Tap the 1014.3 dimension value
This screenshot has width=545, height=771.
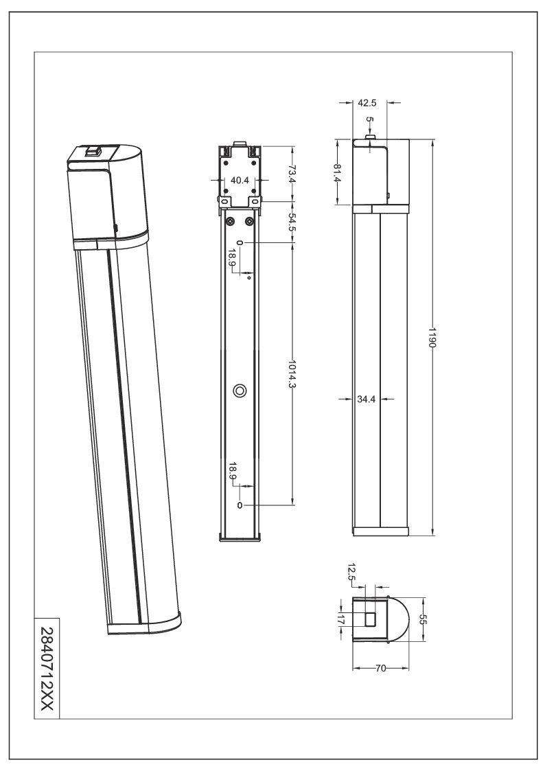click(293, 373)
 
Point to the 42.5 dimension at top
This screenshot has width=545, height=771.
click(367, 103)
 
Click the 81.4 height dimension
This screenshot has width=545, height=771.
click(337, 172)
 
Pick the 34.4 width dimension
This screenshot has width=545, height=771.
click(366, 400)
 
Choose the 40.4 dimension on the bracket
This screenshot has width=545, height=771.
click(240, 181)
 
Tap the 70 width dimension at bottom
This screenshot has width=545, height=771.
click(380, 668)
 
